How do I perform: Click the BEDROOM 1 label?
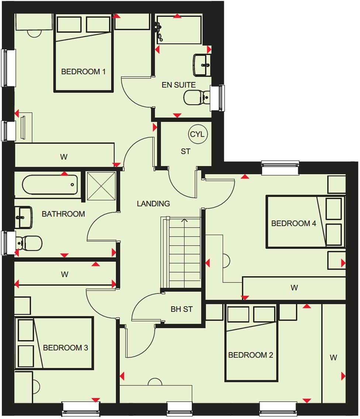coord(83,72)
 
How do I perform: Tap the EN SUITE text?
coord(179,85)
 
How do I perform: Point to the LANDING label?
coord(153,204)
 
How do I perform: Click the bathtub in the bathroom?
coord(50,184)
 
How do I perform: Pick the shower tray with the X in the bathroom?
coord(101,186)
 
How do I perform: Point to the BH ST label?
coord(181,309)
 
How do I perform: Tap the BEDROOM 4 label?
coord(294,224)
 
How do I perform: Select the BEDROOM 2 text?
coord(250,355)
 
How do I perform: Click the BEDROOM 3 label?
coord(65,348)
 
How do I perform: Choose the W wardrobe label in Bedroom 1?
coord(64,157)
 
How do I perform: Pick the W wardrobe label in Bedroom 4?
coord(294,288)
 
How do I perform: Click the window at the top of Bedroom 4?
coord(280,168)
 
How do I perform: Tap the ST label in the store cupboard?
coord(186,152)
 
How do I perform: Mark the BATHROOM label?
coord(63,214)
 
